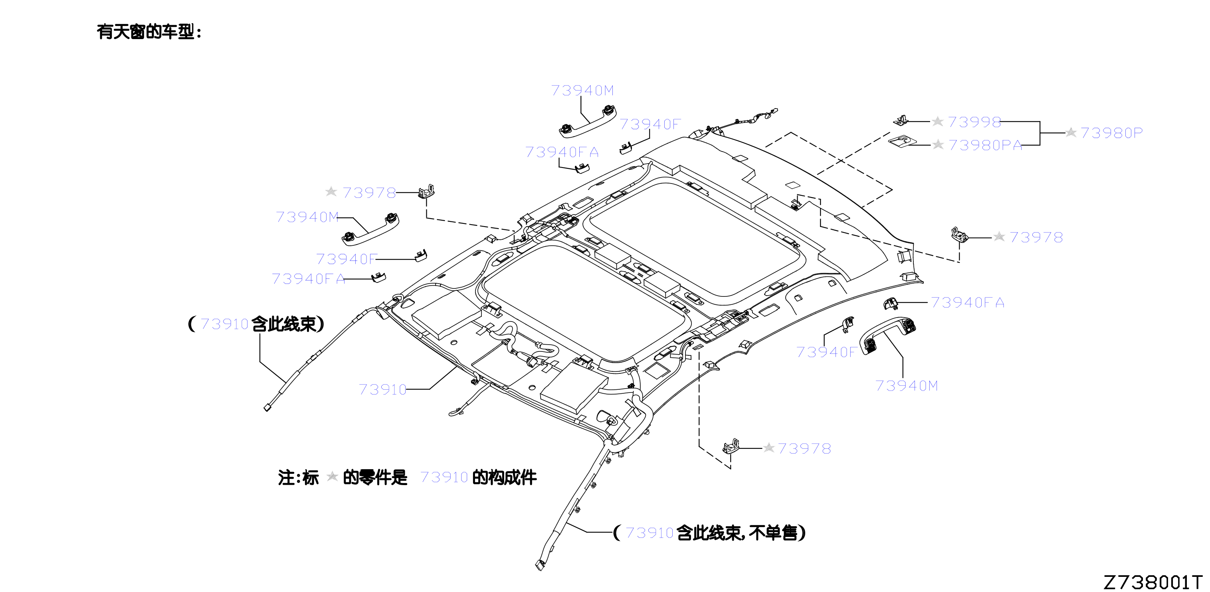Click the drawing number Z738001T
point(1152,582)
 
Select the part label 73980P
point(1111,133)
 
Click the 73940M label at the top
point(582,90)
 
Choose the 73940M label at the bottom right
point(907,385)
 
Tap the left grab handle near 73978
point(370,229)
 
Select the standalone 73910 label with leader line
point(382,389)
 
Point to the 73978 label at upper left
point(369,193)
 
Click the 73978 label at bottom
point(804,448)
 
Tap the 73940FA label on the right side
point(968,302)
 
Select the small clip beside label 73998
point(901,120)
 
